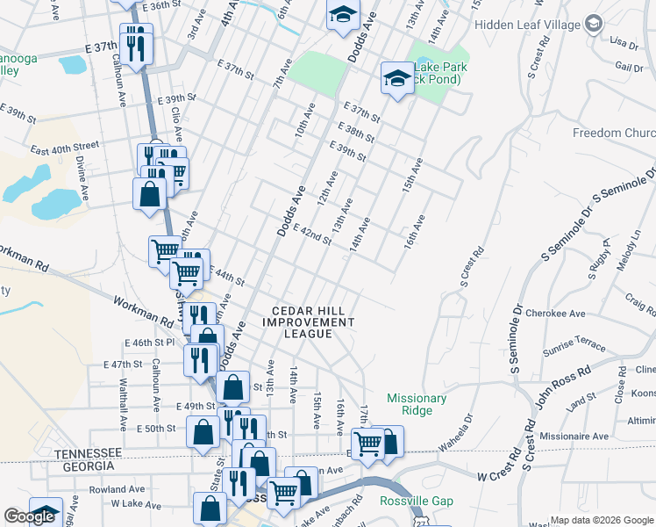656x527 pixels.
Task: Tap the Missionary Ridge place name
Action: point(417,404)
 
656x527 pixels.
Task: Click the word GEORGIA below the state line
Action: point(91,466)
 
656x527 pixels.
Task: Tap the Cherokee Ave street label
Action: point(565,314)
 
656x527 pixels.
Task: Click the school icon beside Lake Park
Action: point(397,80)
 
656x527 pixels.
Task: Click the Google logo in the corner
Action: point(29,517)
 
